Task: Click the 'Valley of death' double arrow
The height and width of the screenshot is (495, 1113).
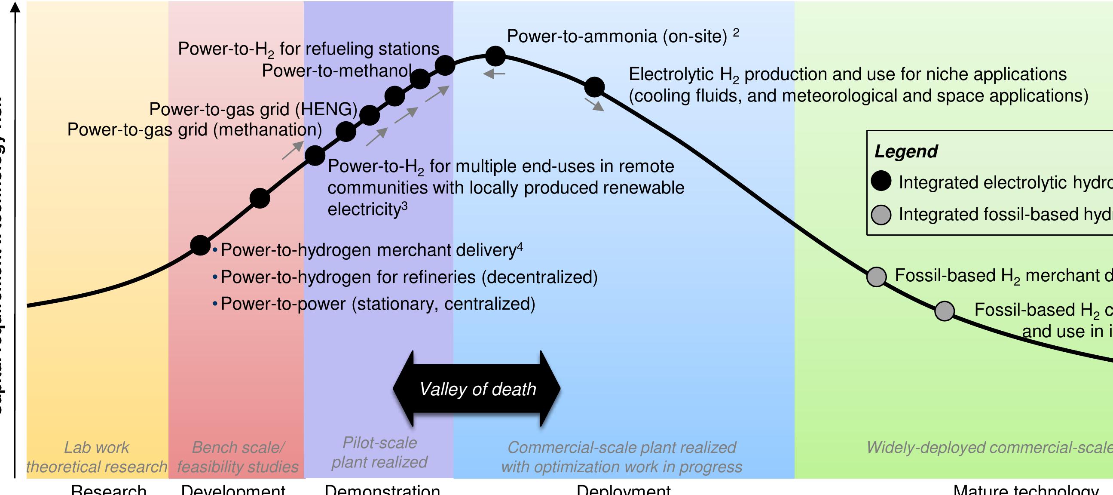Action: pos(477,389)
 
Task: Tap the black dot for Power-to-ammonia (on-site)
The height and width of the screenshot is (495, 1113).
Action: pos(495,56)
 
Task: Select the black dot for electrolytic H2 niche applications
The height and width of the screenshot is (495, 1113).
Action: pos(594,87)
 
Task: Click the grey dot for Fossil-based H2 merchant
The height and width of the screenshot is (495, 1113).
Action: pos(877,277)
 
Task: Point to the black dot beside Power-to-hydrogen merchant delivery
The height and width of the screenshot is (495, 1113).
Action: pos(201,246)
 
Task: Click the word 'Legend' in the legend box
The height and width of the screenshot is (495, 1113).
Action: pos(905,151)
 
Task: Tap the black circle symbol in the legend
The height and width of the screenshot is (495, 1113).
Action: pos(881,181)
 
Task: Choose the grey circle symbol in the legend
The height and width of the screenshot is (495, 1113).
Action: pos(881,215)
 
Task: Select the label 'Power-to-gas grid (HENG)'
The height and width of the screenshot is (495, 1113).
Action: pos(253,109)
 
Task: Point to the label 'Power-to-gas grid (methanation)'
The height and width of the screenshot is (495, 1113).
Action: pos(194,130)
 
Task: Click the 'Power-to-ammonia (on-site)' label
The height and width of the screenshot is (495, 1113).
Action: pos(617,36)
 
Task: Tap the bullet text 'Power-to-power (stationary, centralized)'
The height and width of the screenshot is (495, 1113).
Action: pos(378,304)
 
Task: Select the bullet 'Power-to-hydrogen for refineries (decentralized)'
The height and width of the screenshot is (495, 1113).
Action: pos(409,277)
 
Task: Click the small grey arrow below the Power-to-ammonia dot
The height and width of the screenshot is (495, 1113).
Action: pos(494,74)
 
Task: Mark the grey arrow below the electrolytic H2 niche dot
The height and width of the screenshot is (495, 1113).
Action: pos(594,105)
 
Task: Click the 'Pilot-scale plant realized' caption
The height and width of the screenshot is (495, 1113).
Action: pos(379,452)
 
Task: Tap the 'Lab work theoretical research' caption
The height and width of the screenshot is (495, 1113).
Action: pos(96,457)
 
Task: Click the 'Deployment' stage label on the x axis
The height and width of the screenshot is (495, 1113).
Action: pos(623,490)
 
